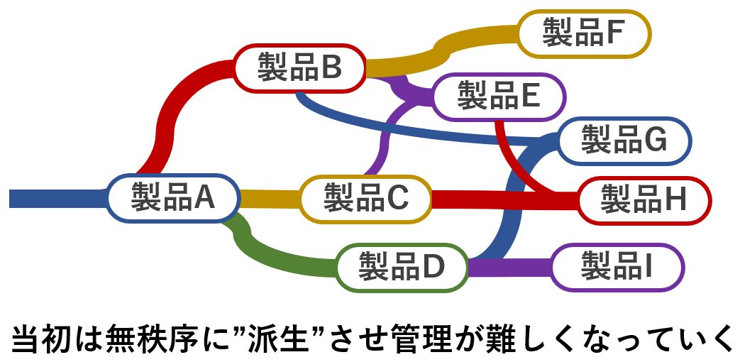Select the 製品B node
299,68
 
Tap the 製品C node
365,198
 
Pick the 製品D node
401,268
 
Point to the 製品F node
583,32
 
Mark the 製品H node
644,199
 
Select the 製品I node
617,267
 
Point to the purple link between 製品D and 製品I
509,268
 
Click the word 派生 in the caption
283,336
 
